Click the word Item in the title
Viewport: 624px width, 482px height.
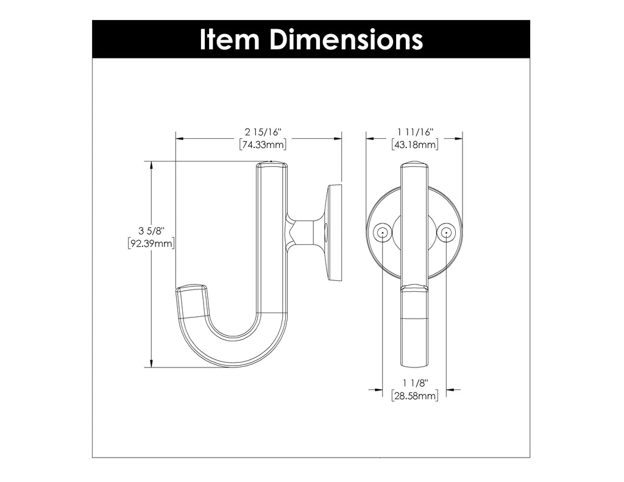(231, 40)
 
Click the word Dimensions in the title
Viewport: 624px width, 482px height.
(346, 40)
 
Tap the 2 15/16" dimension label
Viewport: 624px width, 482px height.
(262, 132)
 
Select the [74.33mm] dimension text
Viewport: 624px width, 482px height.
(262, 145)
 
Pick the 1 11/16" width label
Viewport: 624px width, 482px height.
(414, 132)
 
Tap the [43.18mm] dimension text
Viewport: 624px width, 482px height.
(414, 145)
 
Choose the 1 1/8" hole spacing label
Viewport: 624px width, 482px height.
(415, 383)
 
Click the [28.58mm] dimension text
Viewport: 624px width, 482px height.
(414, 396)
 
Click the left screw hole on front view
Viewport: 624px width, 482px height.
(382, 232)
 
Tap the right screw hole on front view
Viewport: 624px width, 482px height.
(447, 232)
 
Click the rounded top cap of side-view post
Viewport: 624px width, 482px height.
(271, 165)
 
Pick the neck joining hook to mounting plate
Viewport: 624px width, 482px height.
(302, 232)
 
